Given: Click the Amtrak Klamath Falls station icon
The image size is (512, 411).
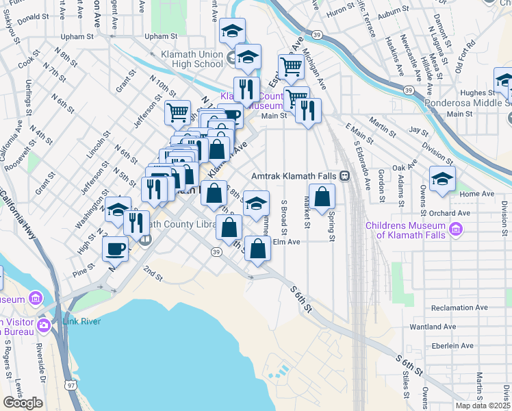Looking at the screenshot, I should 345,176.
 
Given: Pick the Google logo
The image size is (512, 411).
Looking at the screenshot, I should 23,403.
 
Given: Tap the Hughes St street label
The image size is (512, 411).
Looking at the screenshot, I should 477,92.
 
